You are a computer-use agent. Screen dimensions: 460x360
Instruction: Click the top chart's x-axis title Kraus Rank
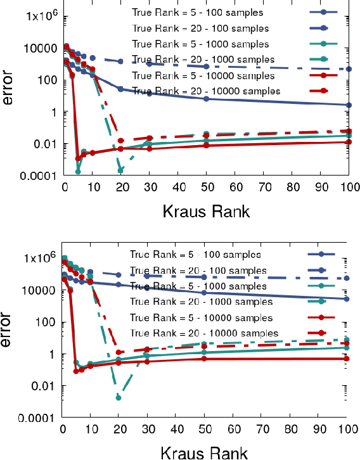click(206, 211)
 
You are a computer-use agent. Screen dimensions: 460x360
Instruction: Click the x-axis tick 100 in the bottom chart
click(345, 429)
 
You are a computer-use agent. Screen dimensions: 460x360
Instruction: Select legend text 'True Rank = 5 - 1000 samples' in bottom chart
click(197, 286)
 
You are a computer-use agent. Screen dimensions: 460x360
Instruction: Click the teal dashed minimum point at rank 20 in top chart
click(120, 170)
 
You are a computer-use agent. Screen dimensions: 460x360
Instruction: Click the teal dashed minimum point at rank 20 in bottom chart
click(119, 397)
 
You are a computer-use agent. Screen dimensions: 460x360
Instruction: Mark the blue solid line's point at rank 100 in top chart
click(349, 105)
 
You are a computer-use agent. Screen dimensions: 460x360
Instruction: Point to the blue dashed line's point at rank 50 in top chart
click(207, 67)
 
